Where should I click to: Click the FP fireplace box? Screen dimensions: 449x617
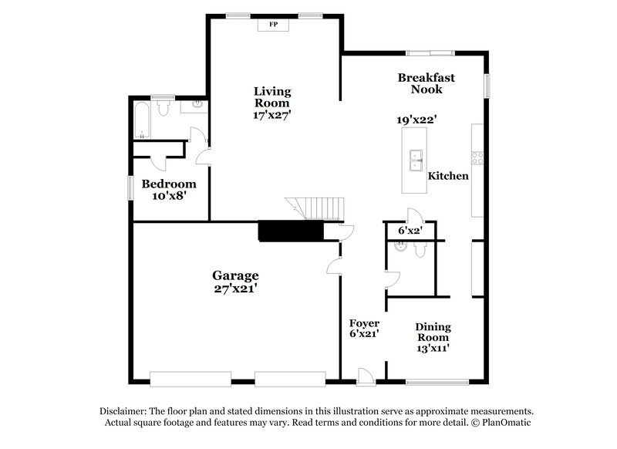(272, 25)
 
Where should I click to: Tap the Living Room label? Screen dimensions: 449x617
(272, 97)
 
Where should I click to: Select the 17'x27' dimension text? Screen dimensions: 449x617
(272, 115)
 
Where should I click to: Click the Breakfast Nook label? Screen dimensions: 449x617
(427, 83)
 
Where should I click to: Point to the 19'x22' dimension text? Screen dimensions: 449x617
(417, 120)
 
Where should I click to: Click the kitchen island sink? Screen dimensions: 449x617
(416, 157)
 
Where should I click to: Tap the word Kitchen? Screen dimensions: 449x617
(448, 176)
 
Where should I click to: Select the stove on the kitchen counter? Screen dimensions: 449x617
(477, 157)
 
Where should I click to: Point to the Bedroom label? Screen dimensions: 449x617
(168, 184)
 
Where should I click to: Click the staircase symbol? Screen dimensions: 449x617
(305, 208)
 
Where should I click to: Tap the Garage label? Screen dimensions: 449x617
(235, 275)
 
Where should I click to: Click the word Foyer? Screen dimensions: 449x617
(364, 323)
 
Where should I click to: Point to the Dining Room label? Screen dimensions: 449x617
(433, 332)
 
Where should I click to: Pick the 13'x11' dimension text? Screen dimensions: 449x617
(433, 349)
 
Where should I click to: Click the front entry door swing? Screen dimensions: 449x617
(366, 376)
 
